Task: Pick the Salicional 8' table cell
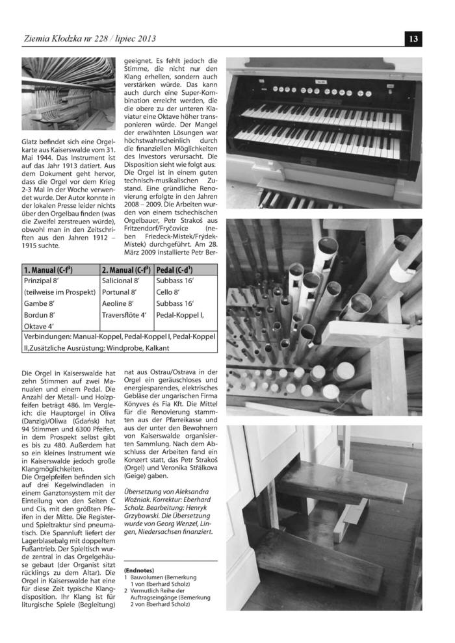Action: tap(121, 281)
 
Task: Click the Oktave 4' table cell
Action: tap(38, 326)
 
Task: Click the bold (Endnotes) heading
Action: tap(139, 571)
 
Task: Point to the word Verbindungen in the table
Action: tap(49, 338)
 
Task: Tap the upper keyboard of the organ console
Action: tap(325, 116)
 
